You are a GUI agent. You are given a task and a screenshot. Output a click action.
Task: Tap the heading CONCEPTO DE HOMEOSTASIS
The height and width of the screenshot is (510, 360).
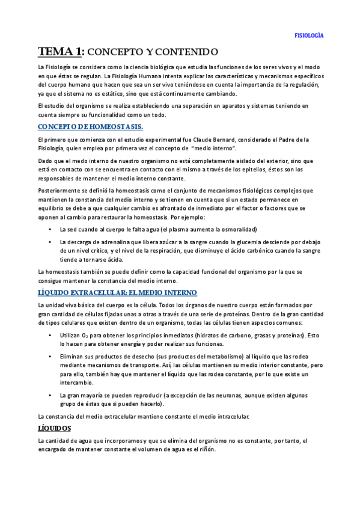click(x=90, y=127)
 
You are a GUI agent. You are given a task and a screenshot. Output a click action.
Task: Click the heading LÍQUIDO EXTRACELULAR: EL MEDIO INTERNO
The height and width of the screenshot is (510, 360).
click(x=117, y=292)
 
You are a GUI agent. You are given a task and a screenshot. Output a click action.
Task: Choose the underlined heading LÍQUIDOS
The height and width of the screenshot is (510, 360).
click(x=55, y=428)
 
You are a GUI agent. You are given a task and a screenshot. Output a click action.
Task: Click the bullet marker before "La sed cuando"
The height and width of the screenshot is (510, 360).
click(x=49, y=229)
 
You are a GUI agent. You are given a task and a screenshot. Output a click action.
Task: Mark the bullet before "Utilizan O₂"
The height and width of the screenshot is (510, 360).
click(x=49, y=335)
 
